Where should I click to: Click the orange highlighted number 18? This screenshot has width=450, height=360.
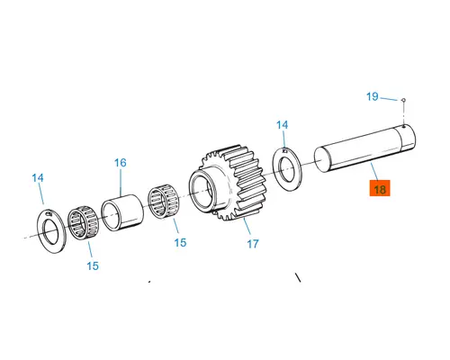tap(379, 189)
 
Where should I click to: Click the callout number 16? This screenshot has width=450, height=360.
tap(120, 163)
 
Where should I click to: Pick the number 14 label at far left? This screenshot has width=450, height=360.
tap(38, 178)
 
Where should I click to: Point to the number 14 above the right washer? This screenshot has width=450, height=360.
tap(282, 125)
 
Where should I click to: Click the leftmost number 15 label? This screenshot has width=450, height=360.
tap(93, 265)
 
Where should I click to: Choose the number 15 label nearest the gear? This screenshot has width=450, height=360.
tap(179, 243)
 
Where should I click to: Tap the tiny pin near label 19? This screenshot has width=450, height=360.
tap(405, 102)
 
